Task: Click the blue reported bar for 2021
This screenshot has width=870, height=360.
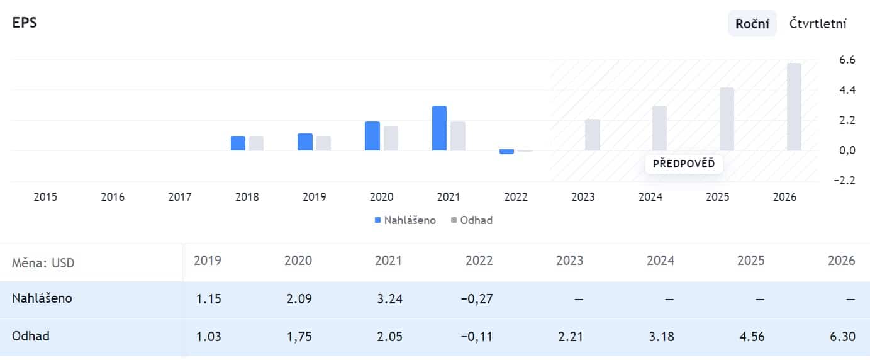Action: point(439,128)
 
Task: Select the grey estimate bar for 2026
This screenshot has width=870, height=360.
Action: point(794,107)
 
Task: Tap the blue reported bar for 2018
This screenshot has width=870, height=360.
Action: point(238,143)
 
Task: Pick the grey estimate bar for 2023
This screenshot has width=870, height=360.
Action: point(592,135)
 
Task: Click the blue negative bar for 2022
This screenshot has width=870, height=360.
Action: point(506,152)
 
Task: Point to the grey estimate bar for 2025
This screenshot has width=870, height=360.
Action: point(727,119)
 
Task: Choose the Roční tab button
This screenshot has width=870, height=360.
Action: point(752,24)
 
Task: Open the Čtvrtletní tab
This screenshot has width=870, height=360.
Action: point(818,24)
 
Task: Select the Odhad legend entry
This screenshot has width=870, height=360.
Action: point(471,220)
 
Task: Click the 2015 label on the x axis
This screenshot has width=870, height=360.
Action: point(45,197)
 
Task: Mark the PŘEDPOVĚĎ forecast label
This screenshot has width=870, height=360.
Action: point(684,164)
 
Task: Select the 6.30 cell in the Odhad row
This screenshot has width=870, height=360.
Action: point(842,337)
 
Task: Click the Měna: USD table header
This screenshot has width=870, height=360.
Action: point(43,262)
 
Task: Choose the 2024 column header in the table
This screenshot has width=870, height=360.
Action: point(661,261)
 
